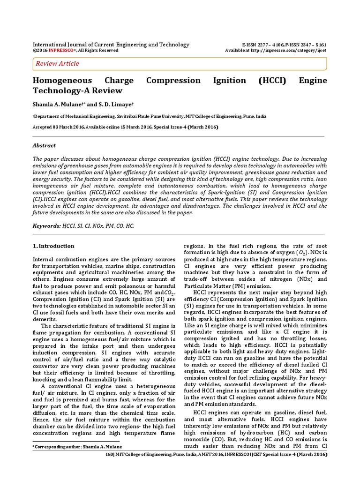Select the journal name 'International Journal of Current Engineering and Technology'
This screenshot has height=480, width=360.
(x=111, y=45)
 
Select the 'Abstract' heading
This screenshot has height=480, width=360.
(x=44, y=146)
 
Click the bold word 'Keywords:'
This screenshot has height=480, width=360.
(x=46, y=226)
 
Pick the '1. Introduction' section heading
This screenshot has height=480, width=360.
(x=53, y=246)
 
